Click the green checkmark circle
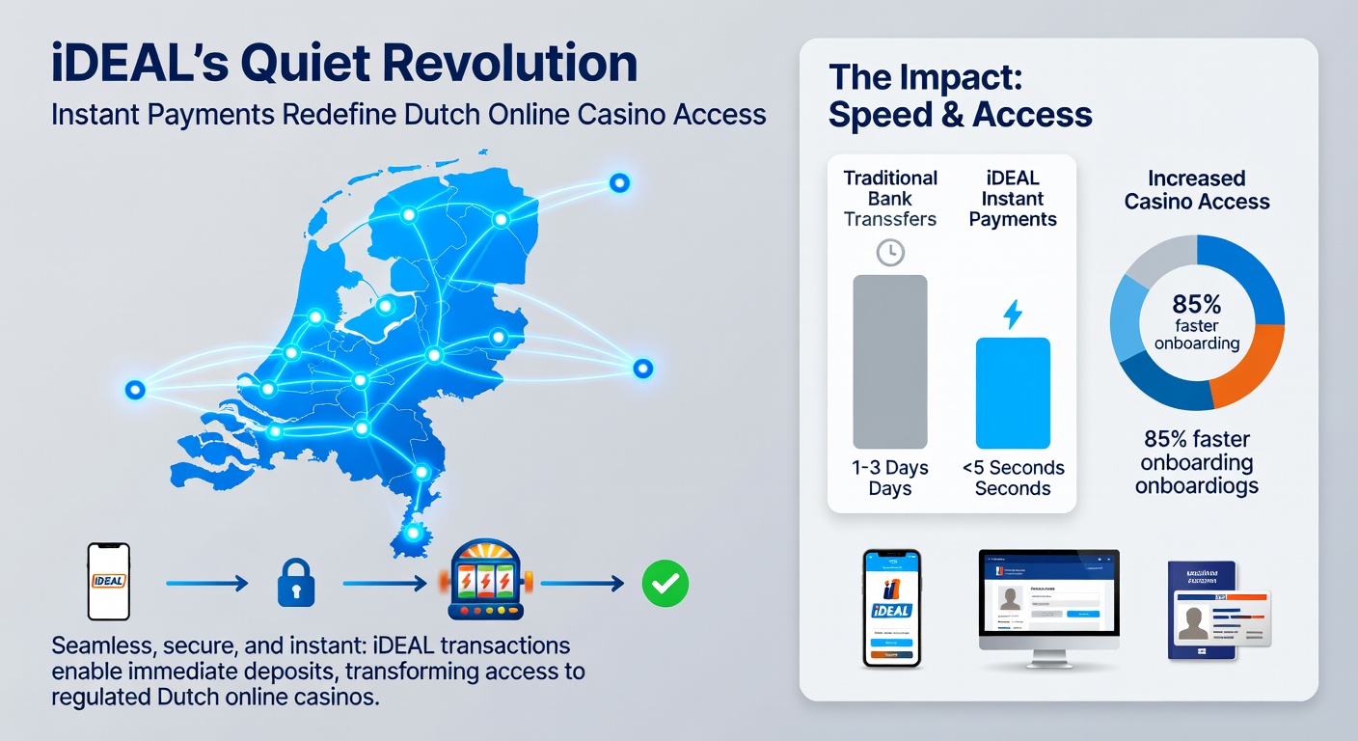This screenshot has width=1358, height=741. point(665,583)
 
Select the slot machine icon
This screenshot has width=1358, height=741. point(484,580)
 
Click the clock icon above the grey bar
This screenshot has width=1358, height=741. point(889,253)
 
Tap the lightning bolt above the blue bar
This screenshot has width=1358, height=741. point(1013,315)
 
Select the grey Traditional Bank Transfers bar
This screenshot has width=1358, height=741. point(889,362)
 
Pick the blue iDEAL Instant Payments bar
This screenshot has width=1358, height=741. point(1013,393)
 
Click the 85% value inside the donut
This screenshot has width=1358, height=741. point(1197,305)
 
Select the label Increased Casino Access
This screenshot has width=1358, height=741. point(1197,190)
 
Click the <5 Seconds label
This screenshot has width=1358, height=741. point(1013,468)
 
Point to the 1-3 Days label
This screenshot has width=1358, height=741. point(889,468)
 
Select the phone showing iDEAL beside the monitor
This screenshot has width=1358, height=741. point(892,608)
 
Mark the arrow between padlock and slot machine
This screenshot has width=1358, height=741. point(386,583)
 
